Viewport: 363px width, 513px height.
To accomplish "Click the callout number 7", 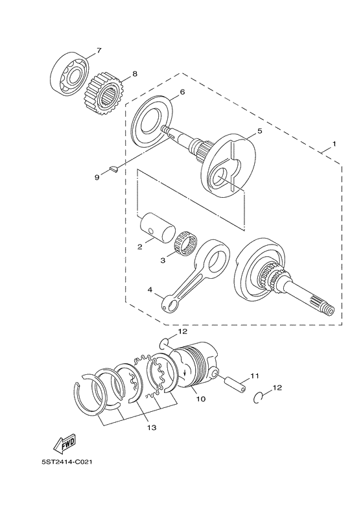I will click(x=99, y=51).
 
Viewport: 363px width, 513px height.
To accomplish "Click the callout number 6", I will click(x=182, y=92).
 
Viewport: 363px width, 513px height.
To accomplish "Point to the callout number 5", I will click(x=259, y=131).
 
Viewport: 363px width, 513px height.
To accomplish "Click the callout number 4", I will click(x=150, y=291).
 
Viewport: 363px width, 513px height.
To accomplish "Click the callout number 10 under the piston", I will click(x=201, y=399).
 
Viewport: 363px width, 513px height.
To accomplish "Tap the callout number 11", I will click(x=254, y=376).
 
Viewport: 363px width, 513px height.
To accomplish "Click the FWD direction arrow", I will click(x=65, y=444).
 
